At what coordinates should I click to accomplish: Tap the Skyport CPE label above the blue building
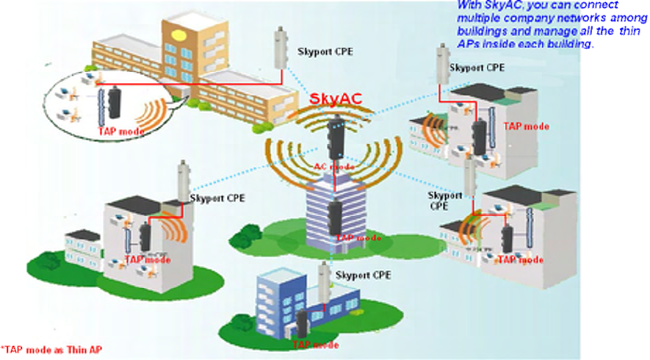pos(363,275)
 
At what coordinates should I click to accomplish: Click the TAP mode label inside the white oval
pos(120,132)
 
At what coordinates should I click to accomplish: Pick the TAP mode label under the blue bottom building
pos(316,345)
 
